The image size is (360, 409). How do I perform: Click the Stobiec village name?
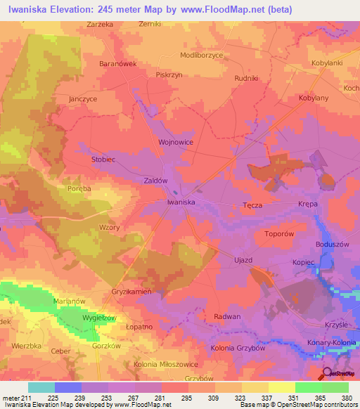click(x=104, y=160)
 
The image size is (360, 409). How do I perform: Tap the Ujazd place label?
click(x=243, y=260)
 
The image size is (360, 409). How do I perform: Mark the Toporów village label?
click(x=278, y=233)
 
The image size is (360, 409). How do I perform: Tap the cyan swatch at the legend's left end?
click(x=41, y=387)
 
